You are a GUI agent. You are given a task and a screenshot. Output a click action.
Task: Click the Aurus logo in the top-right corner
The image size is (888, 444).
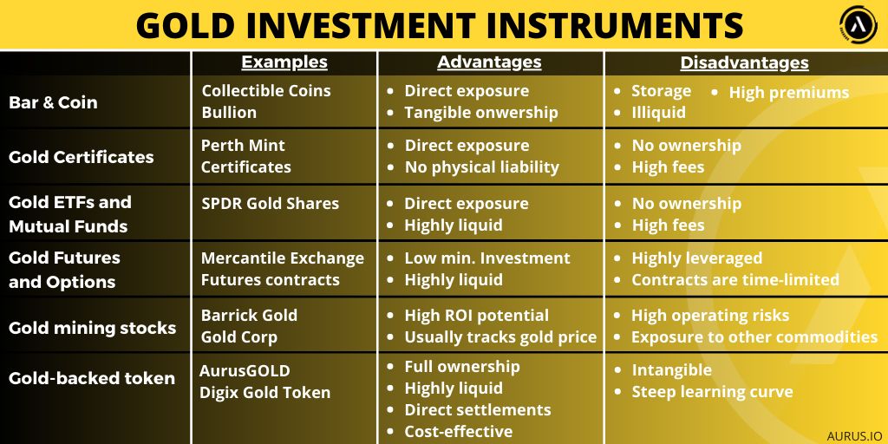point(859,24)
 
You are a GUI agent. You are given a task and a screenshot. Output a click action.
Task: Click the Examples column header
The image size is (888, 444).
point(284,62)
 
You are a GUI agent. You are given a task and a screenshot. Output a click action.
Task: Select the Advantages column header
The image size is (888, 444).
point(489,62)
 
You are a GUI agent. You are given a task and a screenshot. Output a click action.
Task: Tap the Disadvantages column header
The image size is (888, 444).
point(744,62)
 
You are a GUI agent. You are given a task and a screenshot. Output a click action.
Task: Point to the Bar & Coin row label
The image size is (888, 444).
point(53,102)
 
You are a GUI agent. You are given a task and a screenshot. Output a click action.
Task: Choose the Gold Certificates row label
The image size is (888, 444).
point(81,157)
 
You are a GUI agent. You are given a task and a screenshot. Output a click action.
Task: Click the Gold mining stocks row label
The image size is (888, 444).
point(92,328)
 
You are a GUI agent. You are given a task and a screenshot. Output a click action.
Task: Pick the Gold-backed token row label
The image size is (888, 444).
point(91,378)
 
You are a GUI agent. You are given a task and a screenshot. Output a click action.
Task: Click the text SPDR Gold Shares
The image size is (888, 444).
point(270,204)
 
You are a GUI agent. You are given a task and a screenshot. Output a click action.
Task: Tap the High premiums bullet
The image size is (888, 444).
point(788,92)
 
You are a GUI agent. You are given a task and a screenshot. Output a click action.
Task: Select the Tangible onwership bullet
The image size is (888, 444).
point(480,113)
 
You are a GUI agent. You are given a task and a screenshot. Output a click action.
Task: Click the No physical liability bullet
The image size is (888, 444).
point(481,167)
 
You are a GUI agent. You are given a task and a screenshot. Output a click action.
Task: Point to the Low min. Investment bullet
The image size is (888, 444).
point(486,258)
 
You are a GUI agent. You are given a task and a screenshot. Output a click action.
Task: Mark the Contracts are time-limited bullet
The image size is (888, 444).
point(735,280)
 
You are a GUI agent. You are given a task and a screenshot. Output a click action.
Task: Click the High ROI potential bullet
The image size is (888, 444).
point(476,316)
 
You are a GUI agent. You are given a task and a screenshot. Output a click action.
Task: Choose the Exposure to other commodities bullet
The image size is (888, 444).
point(754,337)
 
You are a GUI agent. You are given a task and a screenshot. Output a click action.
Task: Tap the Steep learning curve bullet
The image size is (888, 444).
point(712,392)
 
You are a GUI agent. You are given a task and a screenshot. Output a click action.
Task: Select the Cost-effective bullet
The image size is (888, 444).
point(458,432)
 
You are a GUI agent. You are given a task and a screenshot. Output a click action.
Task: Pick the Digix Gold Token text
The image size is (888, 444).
point(265,393)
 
